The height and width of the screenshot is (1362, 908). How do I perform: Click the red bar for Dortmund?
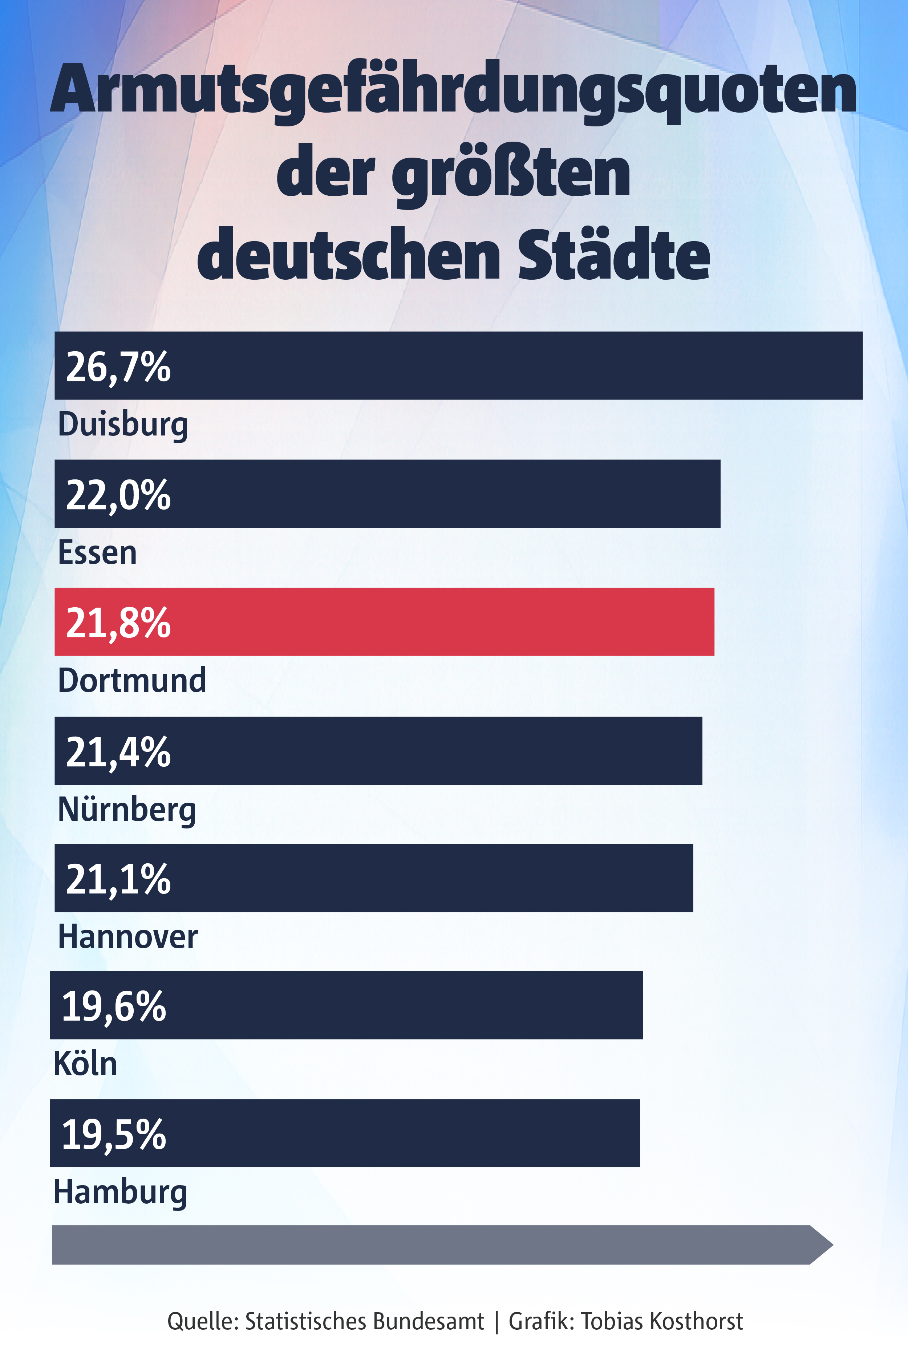pos(405,621)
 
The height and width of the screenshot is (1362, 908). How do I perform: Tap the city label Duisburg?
pos(123,425)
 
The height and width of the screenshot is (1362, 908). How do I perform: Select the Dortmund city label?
pos(132,680)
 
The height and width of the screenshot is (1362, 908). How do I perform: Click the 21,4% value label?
pos(118,752)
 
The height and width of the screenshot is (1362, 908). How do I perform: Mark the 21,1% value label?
pos(118,879)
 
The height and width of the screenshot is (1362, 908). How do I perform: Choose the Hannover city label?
pos(128,936)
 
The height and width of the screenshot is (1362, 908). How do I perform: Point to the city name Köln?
pos(85,1064)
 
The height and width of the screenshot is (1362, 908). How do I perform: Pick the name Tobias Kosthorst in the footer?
pos(661,1321)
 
